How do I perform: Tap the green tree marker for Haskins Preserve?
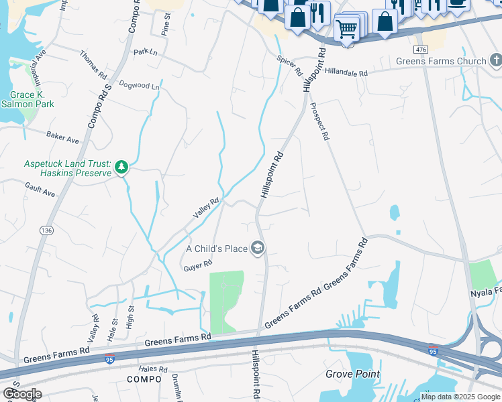point(121,167)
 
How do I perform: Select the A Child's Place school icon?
point(257,249)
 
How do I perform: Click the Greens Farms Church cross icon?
point(496,62)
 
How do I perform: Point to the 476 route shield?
point(421,50)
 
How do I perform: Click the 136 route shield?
point(46,230)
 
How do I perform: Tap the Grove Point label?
point(353,374)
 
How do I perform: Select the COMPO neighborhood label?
point(144,379)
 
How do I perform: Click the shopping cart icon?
point(346,29)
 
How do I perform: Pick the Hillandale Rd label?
point(346,73)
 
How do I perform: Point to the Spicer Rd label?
point(290,65)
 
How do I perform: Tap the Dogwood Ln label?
point(139,86)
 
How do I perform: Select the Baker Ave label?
point(62,137)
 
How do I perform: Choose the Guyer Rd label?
point(197,266)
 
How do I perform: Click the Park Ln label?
point(144,52)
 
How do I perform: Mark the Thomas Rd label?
point(93,66)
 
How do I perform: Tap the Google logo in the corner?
point(21,393)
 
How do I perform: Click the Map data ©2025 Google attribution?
point(460,397)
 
